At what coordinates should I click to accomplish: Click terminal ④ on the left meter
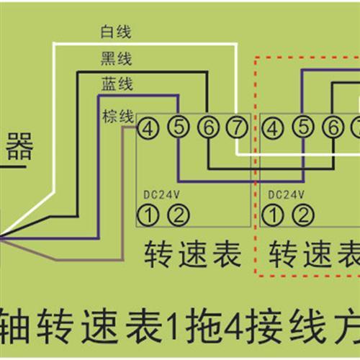coord(147,127)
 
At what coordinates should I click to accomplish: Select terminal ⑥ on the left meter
coord(207,127)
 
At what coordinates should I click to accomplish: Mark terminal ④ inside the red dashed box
coord(274,127)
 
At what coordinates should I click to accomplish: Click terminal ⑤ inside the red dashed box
coord(304,127)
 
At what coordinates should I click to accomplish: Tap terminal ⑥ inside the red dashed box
coord(333,127)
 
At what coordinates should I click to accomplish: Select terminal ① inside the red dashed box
coord(274,213)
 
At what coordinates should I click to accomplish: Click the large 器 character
coord(20,150)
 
